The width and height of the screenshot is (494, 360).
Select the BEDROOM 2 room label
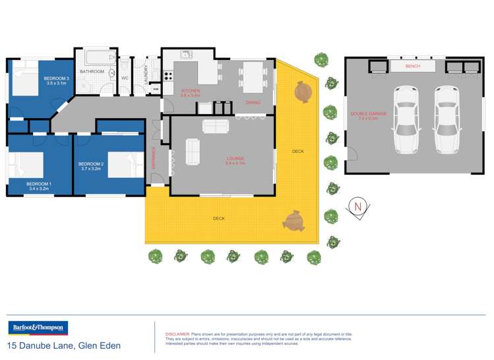click(91, 164)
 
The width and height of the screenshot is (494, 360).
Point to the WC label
click(124, 78)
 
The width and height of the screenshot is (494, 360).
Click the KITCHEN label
click(191, 90)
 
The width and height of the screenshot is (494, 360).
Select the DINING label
click(253, 103)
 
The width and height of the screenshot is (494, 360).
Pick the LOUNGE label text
click(235, 158)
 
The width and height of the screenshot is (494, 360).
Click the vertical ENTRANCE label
click(154, 159)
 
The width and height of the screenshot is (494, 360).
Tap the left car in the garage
click(405, 119)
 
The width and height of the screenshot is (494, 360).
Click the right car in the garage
click(446, 119)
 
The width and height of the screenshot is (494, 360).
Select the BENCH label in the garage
click(413, 67)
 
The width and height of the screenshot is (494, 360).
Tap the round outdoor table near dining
click(303, 92)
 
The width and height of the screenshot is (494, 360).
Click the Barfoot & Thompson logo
click(38, 328)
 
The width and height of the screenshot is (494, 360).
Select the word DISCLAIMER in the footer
click(177, 334)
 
